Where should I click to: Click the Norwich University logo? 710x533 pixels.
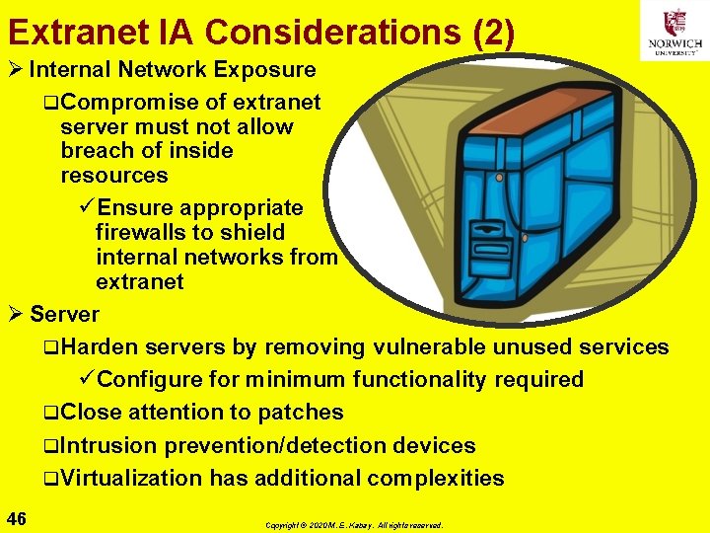coord(674,31)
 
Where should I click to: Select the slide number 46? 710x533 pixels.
coord(16,519)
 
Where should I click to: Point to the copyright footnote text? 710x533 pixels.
coord(354,525)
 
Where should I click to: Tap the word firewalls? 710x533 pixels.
coord(142,232)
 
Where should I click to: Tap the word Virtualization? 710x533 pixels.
coord(130,479)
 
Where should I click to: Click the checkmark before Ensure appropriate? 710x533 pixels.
coord(87,208)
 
